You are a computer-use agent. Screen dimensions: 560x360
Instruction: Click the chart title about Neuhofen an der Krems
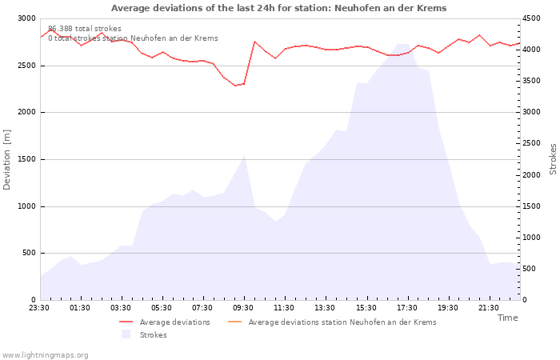click(x=278, y=8)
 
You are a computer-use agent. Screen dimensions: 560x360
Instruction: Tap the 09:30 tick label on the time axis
click(x=243, y=308)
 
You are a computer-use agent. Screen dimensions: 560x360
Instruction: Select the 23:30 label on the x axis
click(x=39, y=308)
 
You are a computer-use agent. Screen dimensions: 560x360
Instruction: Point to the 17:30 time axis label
click(x=406, y=308)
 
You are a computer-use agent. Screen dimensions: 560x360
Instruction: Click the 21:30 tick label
click(x=488, y=308)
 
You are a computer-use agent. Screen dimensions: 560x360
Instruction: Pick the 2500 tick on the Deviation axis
click(x=27, y=66)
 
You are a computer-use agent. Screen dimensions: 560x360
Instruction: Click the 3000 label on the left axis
click(x=27, y=18)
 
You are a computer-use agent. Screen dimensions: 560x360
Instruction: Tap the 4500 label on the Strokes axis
click(x=531, y=18)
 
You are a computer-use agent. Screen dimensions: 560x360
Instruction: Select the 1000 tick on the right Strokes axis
click(x=531, y=238)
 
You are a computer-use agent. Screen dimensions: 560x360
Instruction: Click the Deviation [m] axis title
click(x=6, y=160)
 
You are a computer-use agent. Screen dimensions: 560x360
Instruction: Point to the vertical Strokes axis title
click(x=553, y=159)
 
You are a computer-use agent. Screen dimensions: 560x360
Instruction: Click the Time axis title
click(x=507, y=318)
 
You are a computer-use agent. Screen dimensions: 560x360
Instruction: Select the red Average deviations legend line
click(x=126, y=322)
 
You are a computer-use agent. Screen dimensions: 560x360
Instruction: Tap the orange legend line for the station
click(x=234, y=322)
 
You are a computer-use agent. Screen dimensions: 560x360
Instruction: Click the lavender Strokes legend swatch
click(x=126, y=334)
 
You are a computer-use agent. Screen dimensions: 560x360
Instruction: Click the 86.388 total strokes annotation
click(x=85, y=29)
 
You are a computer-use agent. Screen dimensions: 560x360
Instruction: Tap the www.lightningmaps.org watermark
click(x=45, y=355)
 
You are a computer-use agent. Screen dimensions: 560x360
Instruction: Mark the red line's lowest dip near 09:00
click(x=235, y=86)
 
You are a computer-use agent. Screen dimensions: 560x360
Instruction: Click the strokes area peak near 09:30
click(x=244, y=156)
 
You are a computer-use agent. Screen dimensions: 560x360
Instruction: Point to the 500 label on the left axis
click(x=29, y=254)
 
